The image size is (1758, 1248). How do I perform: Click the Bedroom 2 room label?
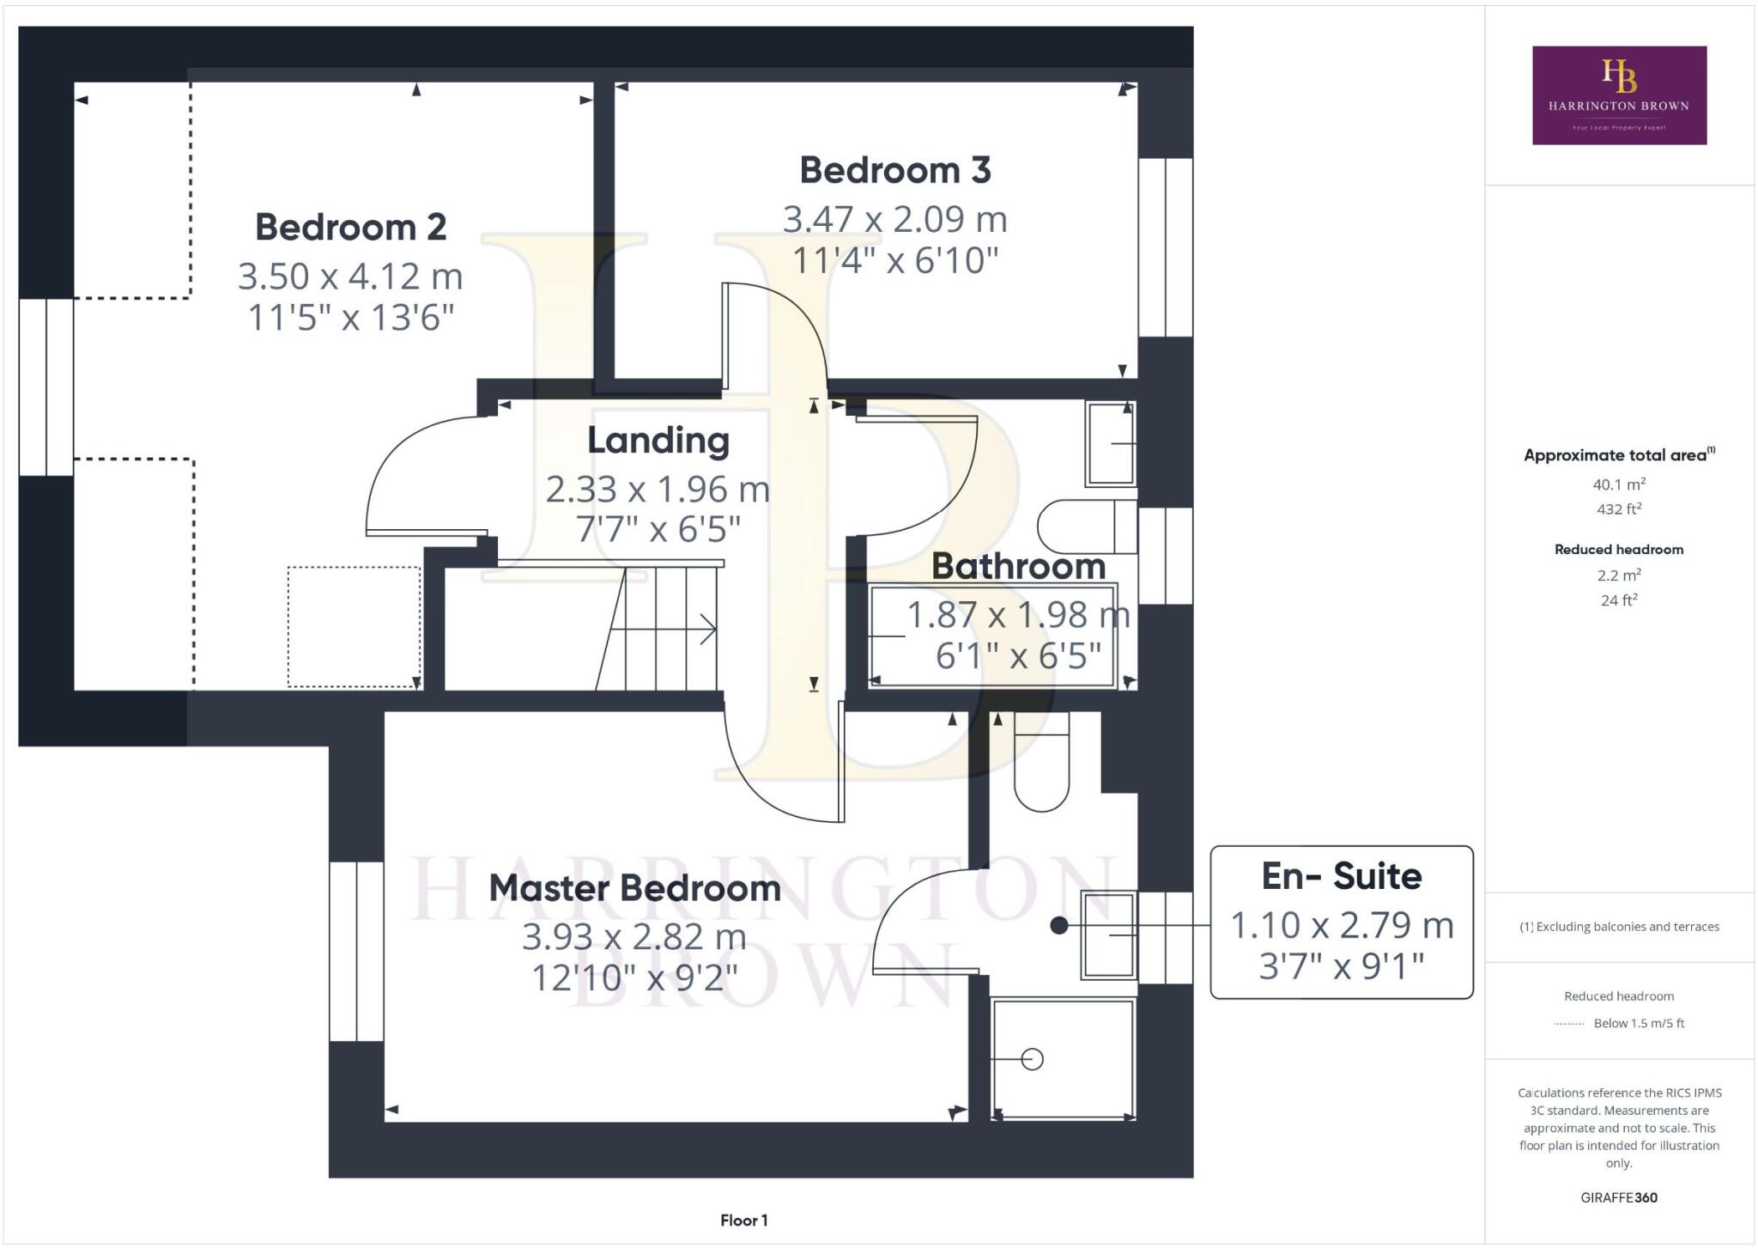coord(350,228)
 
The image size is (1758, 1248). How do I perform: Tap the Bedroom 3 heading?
coord(894,170)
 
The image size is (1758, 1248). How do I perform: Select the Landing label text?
coord(658,440)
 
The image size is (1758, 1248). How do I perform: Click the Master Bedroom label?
coord(634,888)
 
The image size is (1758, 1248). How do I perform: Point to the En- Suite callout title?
coord(1341,876)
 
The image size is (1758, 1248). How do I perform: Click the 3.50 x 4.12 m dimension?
coord(350,277)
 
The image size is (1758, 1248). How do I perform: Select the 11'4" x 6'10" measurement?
coord(894,260)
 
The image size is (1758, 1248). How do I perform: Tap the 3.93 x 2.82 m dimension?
coord(634,936)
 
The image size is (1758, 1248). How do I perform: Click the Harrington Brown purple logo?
coord(1619,95)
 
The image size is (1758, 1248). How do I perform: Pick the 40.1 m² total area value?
coord(1618,484)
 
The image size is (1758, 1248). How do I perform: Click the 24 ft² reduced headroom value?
coord(1618,600)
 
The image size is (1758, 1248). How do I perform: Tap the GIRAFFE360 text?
coord(1618,1197)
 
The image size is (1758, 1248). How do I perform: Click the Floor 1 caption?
coord(743,1221)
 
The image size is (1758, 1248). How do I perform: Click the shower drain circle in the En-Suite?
coord(1033,1060)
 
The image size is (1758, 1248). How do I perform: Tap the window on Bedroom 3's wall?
coord(1165,247)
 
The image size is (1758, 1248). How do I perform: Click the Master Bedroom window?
coord(356,952)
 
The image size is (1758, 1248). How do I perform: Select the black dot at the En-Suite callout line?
coord(1059,926)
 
